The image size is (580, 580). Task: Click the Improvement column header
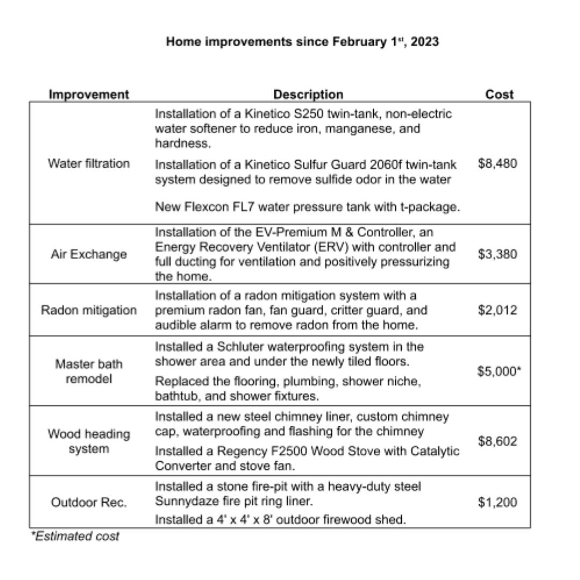[x=89, y=95]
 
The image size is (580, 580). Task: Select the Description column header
[x=308, y=95]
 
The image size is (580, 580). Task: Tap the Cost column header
[x=499, y=95]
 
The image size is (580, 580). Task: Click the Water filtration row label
[x=89, y=163]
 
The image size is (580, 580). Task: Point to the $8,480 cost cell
[x=497, y=163]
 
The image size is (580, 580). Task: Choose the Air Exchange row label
[x=89, y=254]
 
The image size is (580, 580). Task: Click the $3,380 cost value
[x=497, y=254]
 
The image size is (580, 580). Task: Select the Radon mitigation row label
[x=89, y=310]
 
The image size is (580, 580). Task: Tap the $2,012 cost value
[x=497, y=310]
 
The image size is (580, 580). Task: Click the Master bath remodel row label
[x=89, y=372]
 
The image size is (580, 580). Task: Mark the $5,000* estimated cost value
[x=499, y=372]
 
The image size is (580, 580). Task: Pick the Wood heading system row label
[x=89, y=441]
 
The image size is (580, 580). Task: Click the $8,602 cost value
[x=497, y=441]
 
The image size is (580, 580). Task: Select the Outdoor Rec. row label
[x=89, y=503]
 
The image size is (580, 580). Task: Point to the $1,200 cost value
[x=497, y=503]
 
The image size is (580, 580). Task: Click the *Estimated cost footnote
[x=75, y=536]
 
